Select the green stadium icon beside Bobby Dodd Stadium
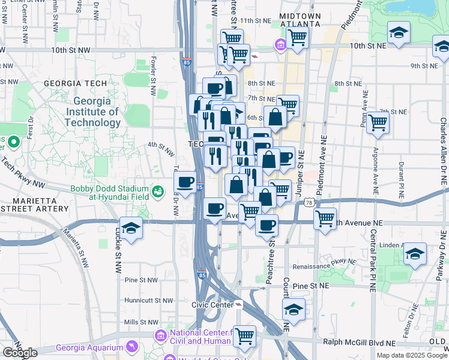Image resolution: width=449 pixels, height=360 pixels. [x=158, y=191]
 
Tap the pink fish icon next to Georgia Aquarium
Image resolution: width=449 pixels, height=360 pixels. [x=130, y=347]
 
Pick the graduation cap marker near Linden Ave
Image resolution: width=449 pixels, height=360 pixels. [x=415, y=254]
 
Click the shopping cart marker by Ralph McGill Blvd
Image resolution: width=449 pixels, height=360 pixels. [x=244, y=337]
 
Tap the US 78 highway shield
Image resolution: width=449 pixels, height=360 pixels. [x=309, y=204]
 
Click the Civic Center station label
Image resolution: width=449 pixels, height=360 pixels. [x=211, y=304]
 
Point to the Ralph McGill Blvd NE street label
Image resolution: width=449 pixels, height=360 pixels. [x=359, y=343]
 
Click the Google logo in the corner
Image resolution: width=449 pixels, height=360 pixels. [x=20, y=353]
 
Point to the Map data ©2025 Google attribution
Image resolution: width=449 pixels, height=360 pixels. [x=411, y=355]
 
